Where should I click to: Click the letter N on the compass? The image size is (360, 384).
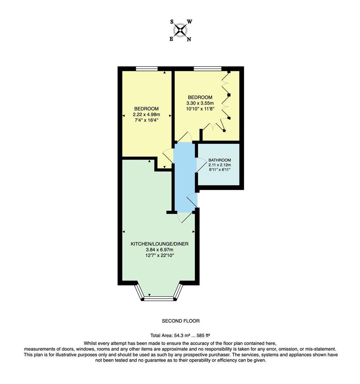[x=189, y=39]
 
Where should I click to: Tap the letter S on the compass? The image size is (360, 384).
[x=172, y=22]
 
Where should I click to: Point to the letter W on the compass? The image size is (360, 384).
[x=190, y=22]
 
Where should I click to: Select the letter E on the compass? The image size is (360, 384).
[x=171, y=39]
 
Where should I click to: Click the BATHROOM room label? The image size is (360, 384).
[x=220, y=160]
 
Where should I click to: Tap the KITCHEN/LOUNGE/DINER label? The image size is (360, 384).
[x=159, y=244]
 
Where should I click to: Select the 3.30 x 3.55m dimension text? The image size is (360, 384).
[x=200, y=103]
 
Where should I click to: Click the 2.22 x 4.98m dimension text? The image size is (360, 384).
[x=146, y=114]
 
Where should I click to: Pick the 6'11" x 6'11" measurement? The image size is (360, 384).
[x=220, y=170]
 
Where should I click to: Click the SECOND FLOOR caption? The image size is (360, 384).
[x=181, y=321]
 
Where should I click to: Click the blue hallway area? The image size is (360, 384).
[x=184, y=178]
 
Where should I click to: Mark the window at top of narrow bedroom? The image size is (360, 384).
[x=146, y=69]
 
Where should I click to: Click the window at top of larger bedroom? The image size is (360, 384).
[x=208, y=69]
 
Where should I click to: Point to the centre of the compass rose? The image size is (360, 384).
[x=181, y=30]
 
